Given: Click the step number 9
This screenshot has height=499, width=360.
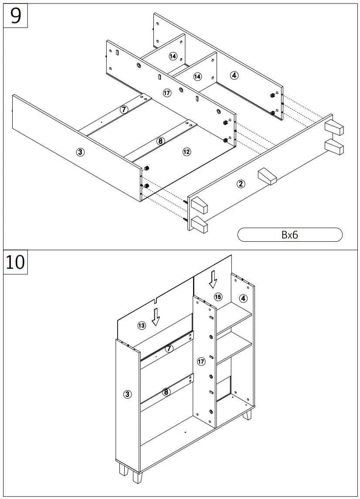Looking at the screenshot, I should tap(16, 16).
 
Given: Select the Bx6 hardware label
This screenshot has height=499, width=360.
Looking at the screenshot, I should tap(289, 235).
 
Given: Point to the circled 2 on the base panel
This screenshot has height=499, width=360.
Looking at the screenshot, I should tap(241, 184).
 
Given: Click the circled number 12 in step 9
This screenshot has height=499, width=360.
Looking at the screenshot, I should tap(187, 152).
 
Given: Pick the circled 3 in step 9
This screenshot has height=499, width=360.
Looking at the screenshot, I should tap(80, 152).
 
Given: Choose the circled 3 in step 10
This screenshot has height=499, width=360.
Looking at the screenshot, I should tap(127, 394).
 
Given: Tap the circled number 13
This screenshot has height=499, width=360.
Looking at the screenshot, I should tap(142, 325).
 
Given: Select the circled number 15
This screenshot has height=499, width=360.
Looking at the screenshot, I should tap(218, 297).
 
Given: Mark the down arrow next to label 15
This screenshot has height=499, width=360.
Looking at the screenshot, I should tap(213, 279).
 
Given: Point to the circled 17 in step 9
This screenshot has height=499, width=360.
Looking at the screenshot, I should tap(167, 92).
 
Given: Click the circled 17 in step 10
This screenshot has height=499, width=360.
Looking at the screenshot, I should tap(201, 362).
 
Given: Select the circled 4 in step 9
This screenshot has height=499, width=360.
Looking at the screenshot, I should tap(234, 75).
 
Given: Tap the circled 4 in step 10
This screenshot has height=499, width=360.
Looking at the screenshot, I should tap(243, 298).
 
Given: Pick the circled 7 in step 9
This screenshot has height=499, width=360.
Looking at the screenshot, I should tap(124, 109).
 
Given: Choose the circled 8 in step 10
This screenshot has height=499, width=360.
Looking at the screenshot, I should tap(166, 392).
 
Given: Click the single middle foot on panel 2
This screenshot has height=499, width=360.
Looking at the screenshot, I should tap(267, 176).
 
